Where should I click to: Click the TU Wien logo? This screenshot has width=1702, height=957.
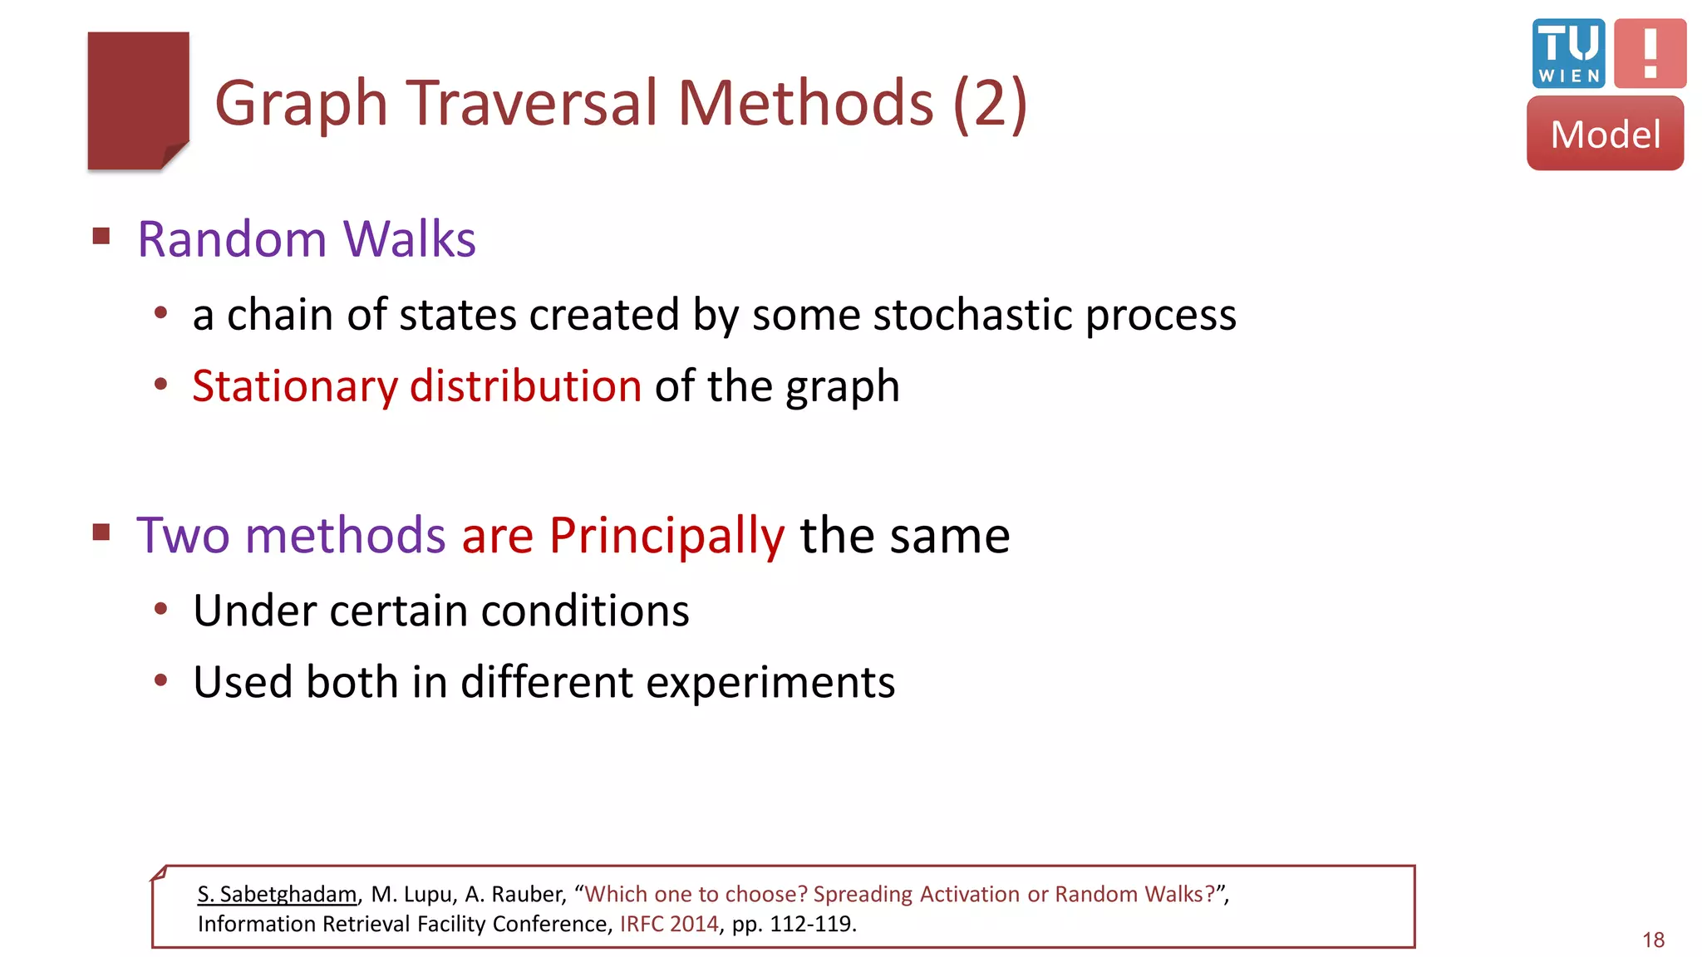[1567, 53]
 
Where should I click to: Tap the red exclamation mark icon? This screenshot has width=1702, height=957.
[1650, 53]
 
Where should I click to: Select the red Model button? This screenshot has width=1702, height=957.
[1605, 134]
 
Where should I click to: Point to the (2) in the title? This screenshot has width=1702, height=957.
[990, 103]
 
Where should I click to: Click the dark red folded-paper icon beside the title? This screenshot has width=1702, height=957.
[138, 101]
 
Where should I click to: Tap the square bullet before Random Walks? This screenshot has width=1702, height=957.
[101, 237]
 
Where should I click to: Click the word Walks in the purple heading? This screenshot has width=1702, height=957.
[409, 240]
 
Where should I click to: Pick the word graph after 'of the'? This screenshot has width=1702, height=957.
[843, 387]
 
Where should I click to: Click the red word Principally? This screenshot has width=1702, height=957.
[667, 536]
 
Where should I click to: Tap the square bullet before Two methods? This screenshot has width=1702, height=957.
[101, 532]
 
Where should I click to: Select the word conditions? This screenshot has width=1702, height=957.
[585, 611]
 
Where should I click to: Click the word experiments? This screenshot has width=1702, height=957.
[770, 683]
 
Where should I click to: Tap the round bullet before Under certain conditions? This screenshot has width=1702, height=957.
[161, 609]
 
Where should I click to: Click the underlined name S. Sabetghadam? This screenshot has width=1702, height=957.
[277, 895]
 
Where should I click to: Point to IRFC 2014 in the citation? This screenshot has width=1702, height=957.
[669, 925]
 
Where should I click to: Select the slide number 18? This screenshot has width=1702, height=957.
[1653, 940]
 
